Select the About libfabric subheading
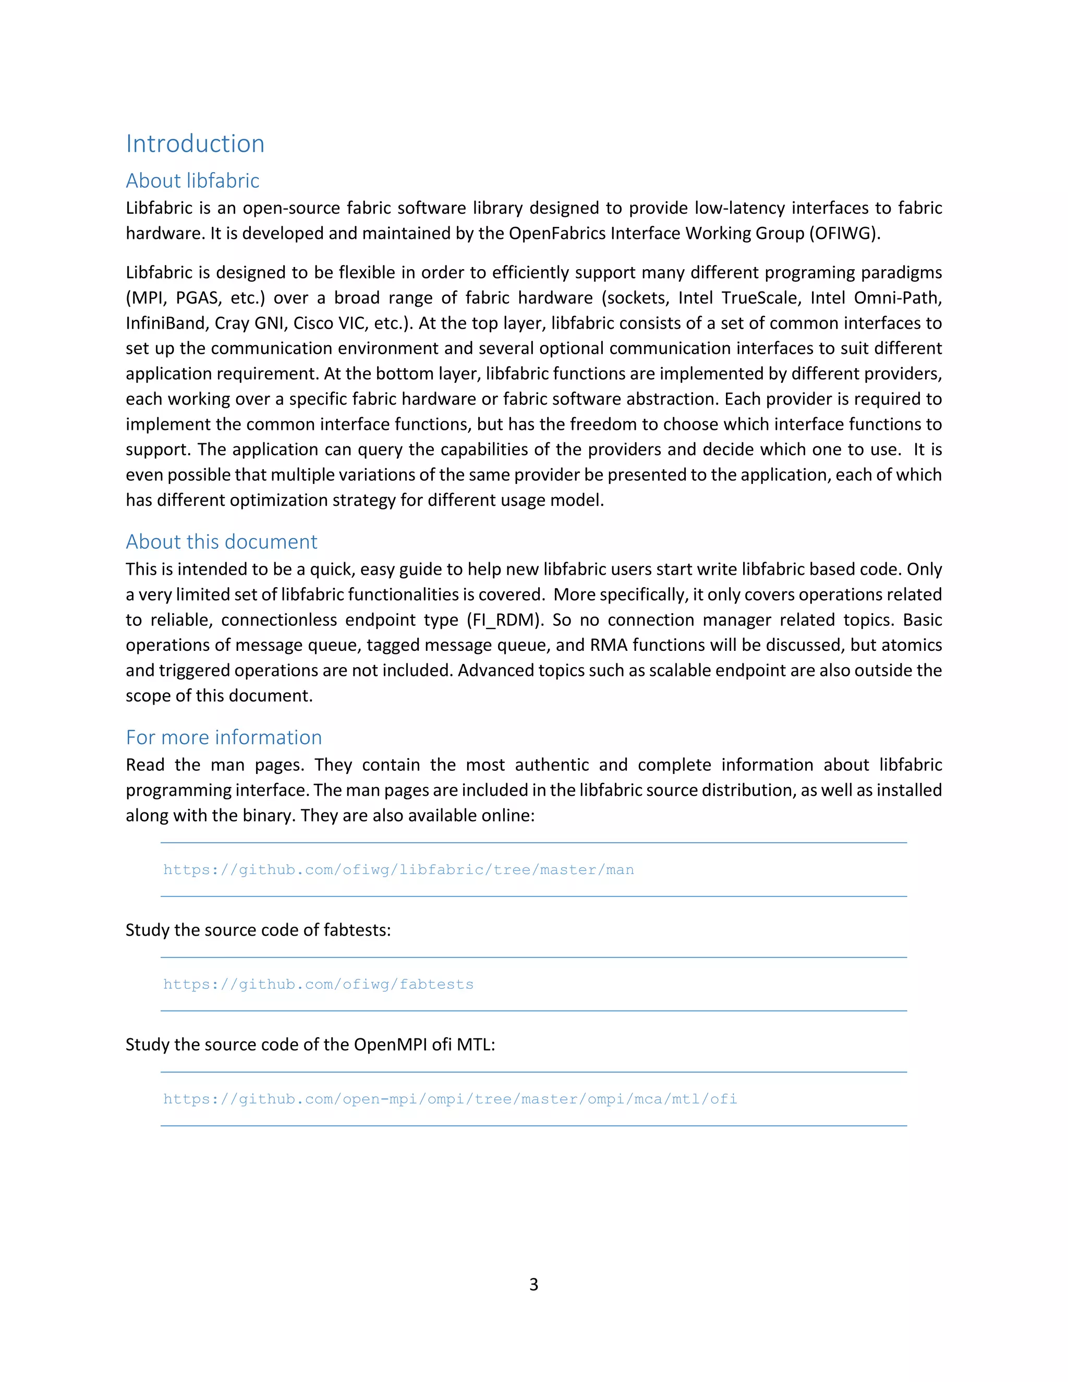pos(192,181)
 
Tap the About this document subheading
pos(222,542)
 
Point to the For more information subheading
pos(224,737)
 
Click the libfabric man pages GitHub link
pos(398,869)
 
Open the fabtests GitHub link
pos(318,984)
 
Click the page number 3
pos(534,1284)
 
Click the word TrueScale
pos(759,298)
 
